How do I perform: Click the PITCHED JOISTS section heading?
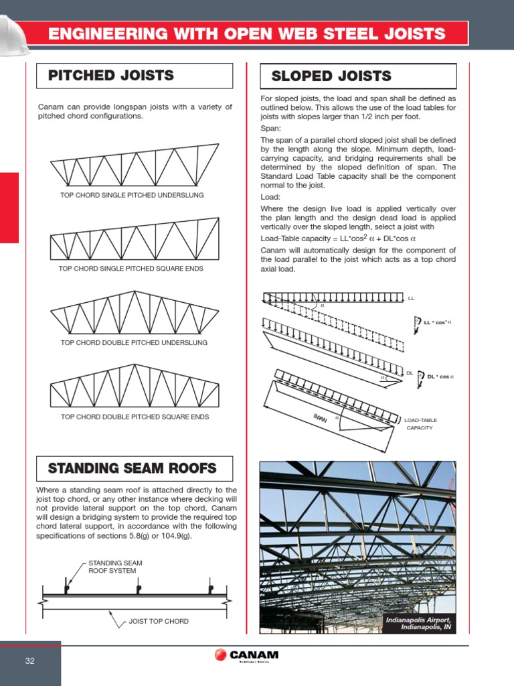pos(111,75)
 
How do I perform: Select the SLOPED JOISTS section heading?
pos(331,76)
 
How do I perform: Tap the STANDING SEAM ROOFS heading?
pos(132,468)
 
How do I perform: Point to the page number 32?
pos(29,661)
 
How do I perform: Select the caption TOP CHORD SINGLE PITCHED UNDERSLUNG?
pos(132,195)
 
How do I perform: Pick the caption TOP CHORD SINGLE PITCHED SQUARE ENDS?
pos(131,269)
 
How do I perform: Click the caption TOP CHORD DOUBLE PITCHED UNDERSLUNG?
pos(134,342)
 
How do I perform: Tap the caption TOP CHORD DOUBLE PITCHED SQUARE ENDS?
pos(135,417)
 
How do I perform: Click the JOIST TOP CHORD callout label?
pos(159,621)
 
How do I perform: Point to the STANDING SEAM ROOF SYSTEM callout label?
pos(115,567)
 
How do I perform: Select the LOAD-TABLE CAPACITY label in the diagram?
pos(420,424)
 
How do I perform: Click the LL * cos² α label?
pos(438,322)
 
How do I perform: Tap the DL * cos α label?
pos(440,376)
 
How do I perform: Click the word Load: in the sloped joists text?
pos(271,198)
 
